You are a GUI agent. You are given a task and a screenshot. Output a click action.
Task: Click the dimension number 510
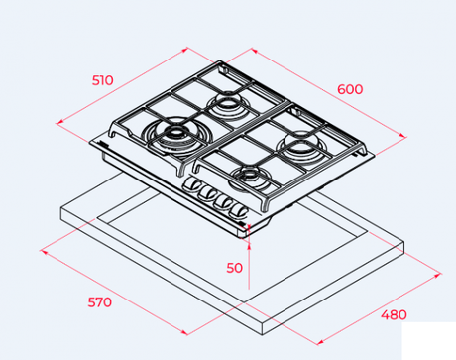click(x=102, y=80)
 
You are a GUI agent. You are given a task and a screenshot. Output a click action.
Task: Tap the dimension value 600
click(x=350, y=89)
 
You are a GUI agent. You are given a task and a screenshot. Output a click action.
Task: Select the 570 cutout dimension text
click(x=99, y=302)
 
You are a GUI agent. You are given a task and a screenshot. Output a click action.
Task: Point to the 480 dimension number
click(x=394, y=314)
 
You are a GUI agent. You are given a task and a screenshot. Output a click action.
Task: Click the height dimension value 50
click(x=234, y=268)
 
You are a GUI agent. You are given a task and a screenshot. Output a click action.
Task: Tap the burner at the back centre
click(x=227, y=105)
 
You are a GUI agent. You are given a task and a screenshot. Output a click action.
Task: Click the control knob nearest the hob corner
click(x=239, y=212)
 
